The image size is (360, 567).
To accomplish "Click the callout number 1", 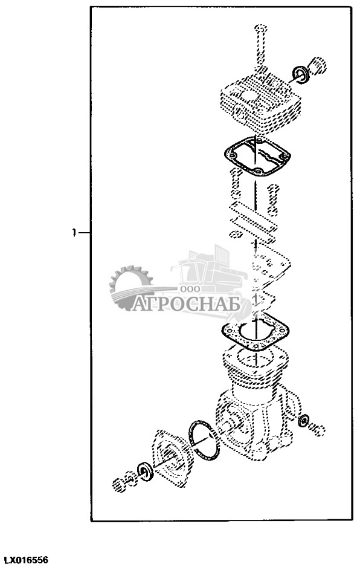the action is (74, 233).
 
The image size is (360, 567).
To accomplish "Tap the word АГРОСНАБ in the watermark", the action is (186, 304).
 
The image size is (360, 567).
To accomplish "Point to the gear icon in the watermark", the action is (130, 288).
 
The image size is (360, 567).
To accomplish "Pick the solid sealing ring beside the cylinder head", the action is (300, 74).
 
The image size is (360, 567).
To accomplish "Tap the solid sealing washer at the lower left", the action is (146, 471).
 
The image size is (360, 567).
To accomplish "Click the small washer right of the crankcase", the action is (303, 420).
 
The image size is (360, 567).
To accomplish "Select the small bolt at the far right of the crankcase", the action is (317, 429).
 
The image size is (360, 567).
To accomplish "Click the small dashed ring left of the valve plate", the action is (236, 234).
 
